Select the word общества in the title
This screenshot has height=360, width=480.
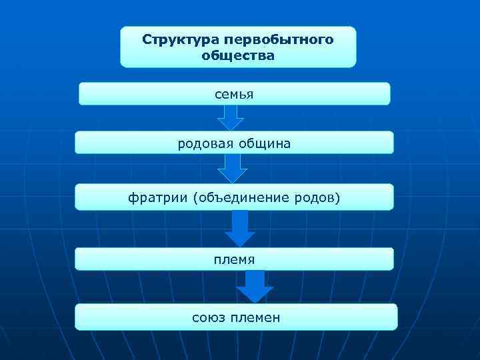click(238, 56)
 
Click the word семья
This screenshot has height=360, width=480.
click(234, 94)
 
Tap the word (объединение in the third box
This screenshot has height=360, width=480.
click(241, 197)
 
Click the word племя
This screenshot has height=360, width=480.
click(234, 258)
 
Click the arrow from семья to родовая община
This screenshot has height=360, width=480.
click(231, 118)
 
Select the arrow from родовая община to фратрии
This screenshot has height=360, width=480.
click(233, 169)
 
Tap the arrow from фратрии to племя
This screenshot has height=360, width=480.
click(239, 229)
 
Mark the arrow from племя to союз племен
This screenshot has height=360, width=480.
click(254, 287)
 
